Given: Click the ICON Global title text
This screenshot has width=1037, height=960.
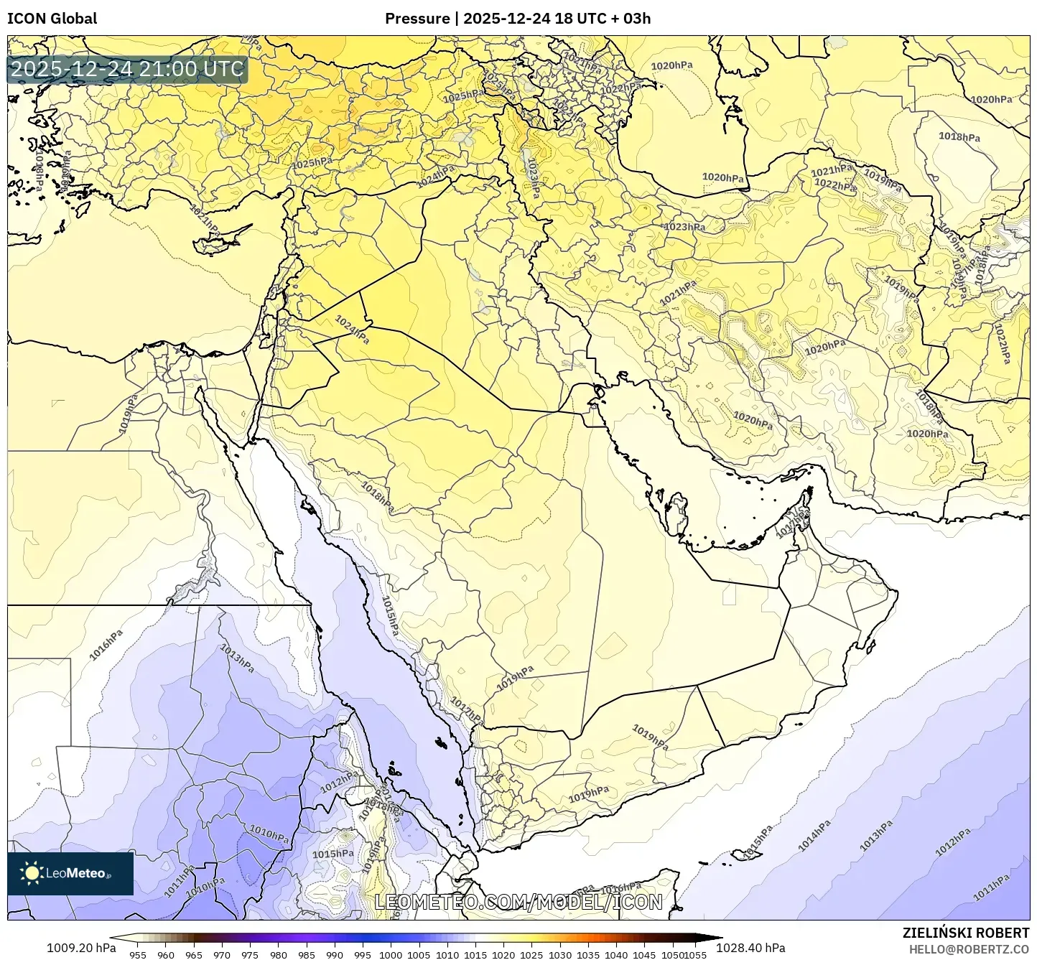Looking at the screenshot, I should (x=52, y=19).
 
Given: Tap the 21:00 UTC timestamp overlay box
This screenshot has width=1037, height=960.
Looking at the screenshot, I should (x=127, y=70).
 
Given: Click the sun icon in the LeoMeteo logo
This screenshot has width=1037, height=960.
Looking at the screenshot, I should (x=32, y=873).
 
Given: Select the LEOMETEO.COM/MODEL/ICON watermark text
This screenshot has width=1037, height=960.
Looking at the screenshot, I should (x=518, y=902).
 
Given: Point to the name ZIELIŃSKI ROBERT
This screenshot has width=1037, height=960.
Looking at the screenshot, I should (x=966, y=933).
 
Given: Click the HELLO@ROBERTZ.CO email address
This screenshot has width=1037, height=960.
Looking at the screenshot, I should (x=969, y=949).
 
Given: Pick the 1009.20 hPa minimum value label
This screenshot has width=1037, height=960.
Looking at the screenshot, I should (x=81, y=948).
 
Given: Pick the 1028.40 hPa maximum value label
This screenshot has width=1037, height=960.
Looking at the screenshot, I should (x=750, y=948).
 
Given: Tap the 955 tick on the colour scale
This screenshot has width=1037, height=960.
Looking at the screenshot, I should (x=138, y=955).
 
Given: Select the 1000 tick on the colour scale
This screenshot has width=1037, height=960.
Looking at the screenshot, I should (x=391, y=955).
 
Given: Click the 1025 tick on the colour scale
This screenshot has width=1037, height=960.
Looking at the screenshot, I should (x=531, y=955).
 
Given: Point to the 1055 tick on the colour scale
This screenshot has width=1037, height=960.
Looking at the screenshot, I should (x=695, y=955).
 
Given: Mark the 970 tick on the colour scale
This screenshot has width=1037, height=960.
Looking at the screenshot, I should (x=222, y=955).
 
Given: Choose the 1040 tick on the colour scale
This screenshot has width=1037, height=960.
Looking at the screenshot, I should (x=616, y=955).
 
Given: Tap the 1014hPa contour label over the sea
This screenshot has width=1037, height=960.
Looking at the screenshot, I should (x=814, y=836).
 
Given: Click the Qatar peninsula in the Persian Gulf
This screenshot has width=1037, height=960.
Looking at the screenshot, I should (x=676, y=512).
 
